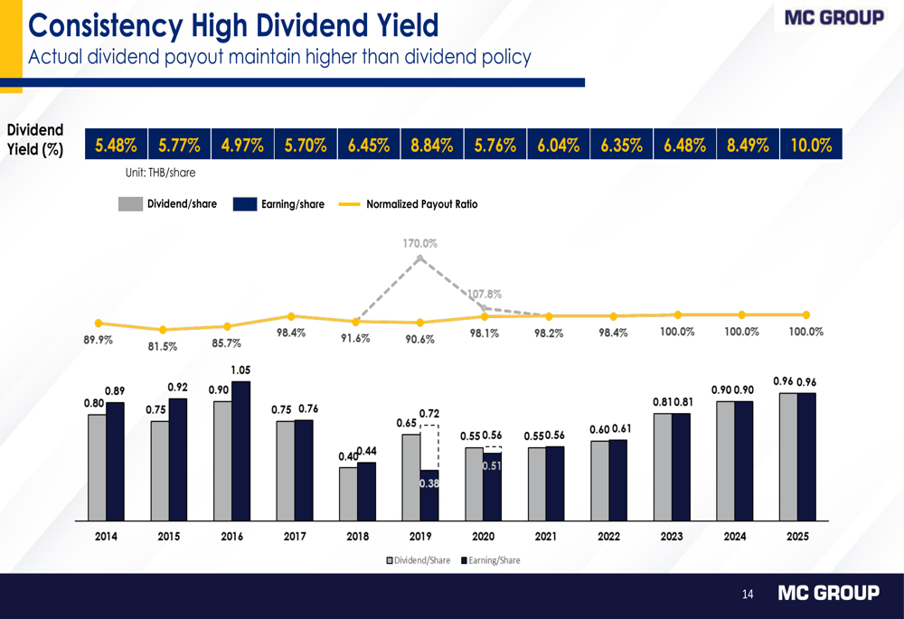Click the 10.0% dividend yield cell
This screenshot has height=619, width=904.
(x=811, y=145)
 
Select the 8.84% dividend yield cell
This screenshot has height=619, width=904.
(x=431, y=145)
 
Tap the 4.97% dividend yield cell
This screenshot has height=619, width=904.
(x=242, y=145)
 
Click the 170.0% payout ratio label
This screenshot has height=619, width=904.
(x=420, y=243)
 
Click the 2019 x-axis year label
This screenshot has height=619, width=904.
(x=420, y=536)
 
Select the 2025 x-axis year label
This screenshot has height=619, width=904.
(x=797, y=536)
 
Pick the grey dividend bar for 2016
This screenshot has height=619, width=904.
(x=222, y=461)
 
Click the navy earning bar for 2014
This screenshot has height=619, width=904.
(x=115, y=462)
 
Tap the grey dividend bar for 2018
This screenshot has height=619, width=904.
(x=348, y=494)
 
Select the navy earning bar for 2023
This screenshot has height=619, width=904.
(x=681, y=467)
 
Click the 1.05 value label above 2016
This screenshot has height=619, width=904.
(x=240, y=370)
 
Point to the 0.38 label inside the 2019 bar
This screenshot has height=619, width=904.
(x=429, y=484)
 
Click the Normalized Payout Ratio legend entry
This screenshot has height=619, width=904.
(x=421, y=204)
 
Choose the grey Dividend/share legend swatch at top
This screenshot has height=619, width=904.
(x=131, y=204)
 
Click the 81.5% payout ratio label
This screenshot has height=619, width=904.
(x=163, y=345)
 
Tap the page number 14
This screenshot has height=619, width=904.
(x=748, y=594)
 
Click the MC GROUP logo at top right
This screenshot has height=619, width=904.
(x=833, y=17)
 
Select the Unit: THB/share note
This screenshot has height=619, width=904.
(x=160, y=173)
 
